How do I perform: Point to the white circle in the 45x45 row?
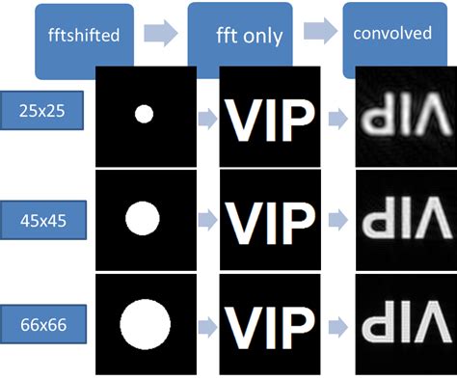[144, 217]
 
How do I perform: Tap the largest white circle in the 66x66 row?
[144, 320]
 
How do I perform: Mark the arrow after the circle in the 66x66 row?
[207, 322]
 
